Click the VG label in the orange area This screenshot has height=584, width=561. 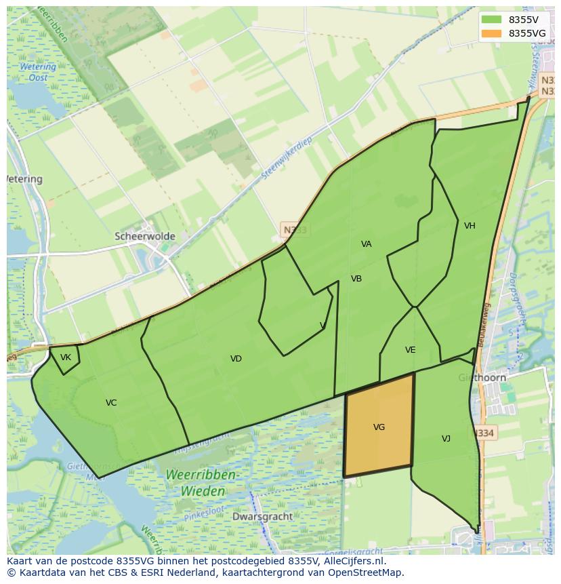pos(379,427)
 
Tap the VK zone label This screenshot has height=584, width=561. pos(66,357)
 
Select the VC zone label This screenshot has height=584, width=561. pos(111,403)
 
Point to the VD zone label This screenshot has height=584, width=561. pos(236,359)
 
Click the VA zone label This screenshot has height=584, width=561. pos(367,244)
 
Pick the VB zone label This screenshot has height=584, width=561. pos(356,279)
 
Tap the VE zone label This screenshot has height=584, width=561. pos(410,350)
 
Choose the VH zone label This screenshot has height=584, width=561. pos(470,226)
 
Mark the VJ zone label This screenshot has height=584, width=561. pos(446,439)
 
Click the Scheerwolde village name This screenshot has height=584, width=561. pos(145,237)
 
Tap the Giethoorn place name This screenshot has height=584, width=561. pos(482,378)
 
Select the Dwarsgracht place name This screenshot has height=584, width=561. pos(262,516)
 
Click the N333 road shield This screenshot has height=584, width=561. pos(295,230)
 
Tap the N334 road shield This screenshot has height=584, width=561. pos(484,433)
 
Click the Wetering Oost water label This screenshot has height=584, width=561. pos(38,72)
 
